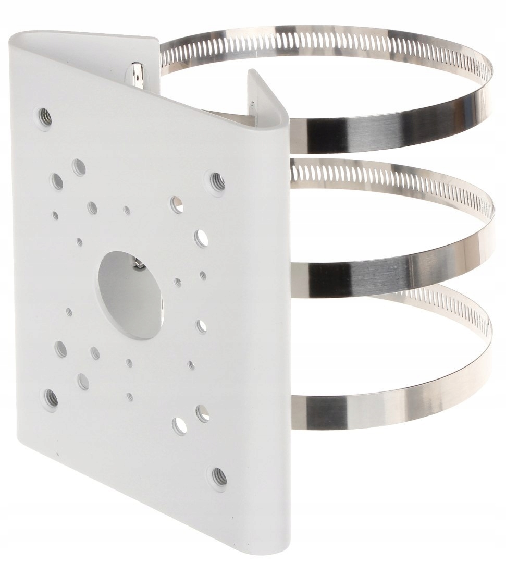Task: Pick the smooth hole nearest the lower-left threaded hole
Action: click(83, 381)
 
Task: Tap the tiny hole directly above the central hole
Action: click(127, 210)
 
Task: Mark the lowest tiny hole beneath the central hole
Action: click(130, 396)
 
